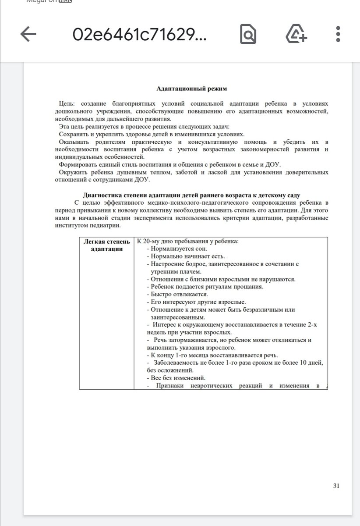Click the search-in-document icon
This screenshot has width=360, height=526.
point(248,35)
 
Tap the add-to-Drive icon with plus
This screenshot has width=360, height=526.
point(296,35)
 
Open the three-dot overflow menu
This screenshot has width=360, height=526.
point(338,35)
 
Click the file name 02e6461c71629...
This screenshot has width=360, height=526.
point(139,35)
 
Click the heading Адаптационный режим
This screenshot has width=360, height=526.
point(192,89)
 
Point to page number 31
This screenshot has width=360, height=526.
point(336,486)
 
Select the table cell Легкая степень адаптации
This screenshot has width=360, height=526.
point(106,245)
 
